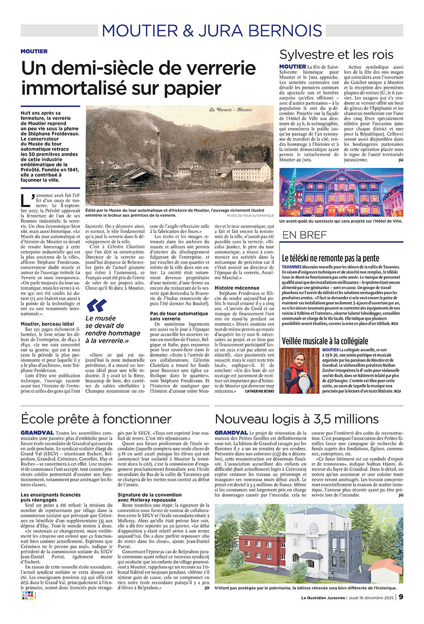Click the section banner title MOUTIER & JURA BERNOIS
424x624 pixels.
coord(212,30)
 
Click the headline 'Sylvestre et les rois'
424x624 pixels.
coord(336,54)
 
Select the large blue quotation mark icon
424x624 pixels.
coord(96,305)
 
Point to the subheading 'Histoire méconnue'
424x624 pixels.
coord(237,288)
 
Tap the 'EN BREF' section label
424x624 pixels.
coord(304,235)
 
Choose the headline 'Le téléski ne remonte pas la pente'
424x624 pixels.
coord(331,258)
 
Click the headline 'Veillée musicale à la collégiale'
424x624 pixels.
coord(325,341)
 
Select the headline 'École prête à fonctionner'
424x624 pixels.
coord(96,419)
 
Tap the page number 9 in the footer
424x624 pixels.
coord(401,596)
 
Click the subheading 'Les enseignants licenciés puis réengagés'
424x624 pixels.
coord(51,497)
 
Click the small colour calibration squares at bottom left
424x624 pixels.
coord(27,596)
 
